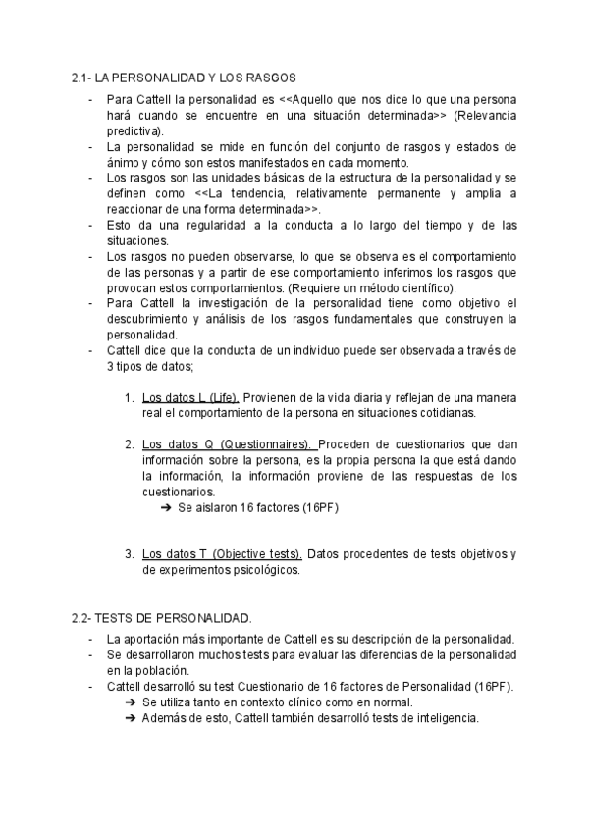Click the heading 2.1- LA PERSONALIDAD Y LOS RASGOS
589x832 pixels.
tap(185, 78)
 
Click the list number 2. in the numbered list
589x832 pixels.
tap(130, 443)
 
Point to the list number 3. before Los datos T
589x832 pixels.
tap(130, 553)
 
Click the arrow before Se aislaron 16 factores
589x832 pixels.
tap(164, 507)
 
